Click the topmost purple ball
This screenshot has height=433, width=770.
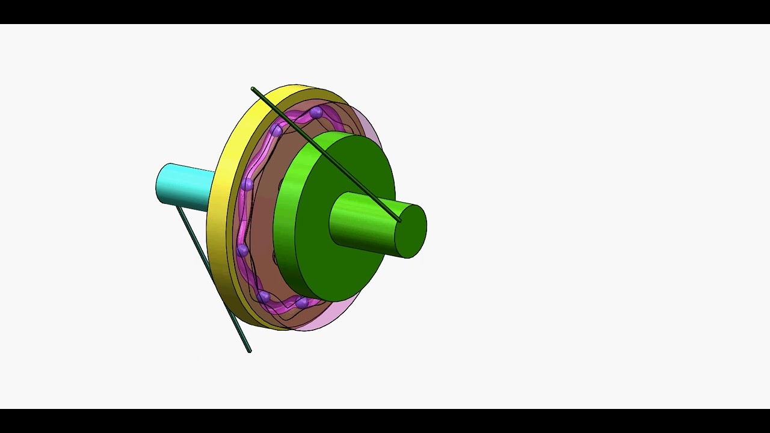click(x=316, y=112)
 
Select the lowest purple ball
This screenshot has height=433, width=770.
click(x=303, y=302)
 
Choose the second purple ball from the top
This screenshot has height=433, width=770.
click(x=276, y=130)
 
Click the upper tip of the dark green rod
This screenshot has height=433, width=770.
click(x=253, y=90)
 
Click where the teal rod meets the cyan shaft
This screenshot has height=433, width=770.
click(x=179, y=208)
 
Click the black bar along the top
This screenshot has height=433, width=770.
click(x=385, y=11)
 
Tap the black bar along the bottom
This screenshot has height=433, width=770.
click(x=385, y=421)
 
